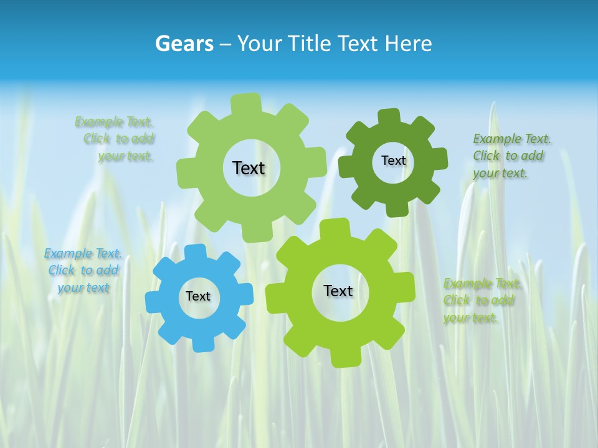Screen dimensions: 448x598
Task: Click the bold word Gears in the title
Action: pos(184,44)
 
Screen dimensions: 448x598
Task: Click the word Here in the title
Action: pos(408,44)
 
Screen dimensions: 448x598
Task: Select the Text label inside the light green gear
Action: pos(249,168)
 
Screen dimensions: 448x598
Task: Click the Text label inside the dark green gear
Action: pos(393,161)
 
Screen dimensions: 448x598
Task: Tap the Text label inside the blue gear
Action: pos(198,297)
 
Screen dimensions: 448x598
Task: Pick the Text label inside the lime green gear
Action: pos(338,291)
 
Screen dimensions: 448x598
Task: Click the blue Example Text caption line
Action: pos(83,254)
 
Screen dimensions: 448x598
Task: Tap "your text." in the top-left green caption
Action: pos(126,157)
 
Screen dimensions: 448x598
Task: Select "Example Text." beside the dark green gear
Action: pos(512,139)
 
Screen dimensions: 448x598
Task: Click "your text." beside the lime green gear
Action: pos(472,318)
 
